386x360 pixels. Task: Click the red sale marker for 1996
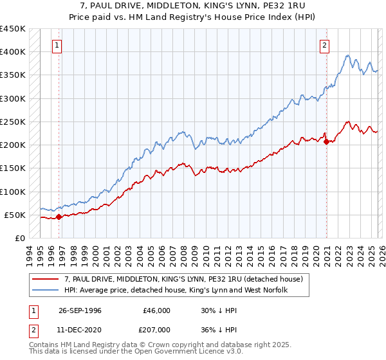pos(59,217)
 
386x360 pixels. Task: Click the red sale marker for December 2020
pos(326,142)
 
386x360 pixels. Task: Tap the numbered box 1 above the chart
pos(58,46)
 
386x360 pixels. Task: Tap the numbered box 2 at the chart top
pos(324,46)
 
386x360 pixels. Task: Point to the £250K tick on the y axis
pos(13,122)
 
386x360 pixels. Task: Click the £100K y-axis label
pos(13,192)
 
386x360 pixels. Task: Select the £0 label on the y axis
pos(19,238)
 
